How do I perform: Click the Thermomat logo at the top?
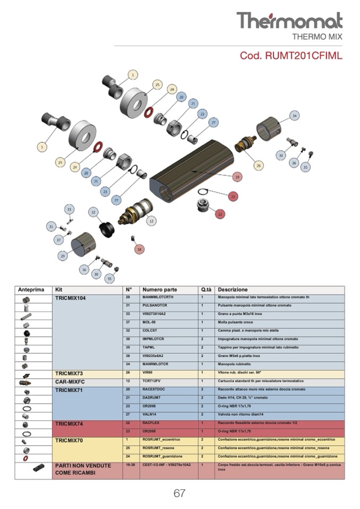(289, 21)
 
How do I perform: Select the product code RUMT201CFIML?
(291, 55)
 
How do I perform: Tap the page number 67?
(179, 493)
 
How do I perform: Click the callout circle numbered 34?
(294, 116)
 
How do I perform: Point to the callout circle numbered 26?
(258, 166)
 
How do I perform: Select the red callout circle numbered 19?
(237, 177)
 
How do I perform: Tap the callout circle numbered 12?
(151, 221)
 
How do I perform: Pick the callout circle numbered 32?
(93, 212)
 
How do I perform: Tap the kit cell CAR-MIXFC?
(70, 381)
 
